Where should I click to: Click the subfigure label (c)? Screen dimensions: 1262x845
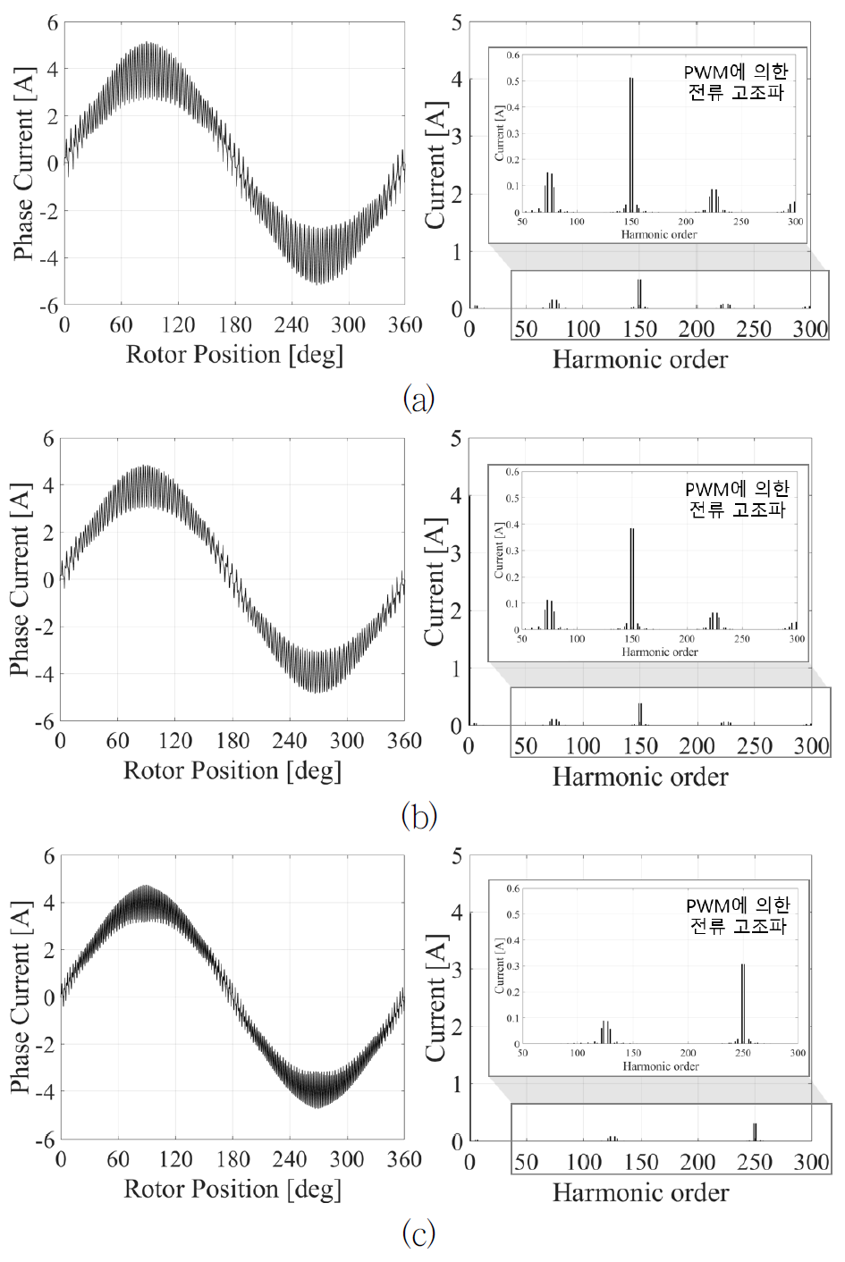click(x=419, y=1233)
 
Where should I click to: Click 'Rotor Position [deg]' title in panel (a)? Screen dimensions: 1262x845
click(x=234, y=355)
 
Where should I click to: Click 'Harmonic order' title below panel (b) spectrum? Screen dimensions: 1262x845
click(x=640, y=777)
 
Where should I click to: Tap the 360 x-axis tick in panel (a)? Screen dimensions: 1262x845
click(x=405, y=324)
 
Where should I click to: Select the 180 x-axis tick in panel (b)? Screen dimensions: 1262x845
click(x=232, y=741)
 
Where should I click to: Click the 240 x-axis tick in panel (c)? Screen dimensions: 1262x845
click(x=290, y=1159)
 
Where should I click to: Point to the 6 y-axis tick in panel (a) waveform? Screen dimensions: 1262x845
click(x=53, y=22)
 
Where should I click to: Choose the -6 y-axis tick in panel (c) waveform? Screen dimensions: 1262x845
click(x=45, y=1140)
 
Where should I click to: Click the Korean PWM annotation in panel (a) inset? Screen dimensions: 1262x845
click(x=736, y=81)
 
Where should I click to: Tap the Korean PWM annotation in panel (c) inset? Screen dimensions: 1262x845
click(x=738, y=916)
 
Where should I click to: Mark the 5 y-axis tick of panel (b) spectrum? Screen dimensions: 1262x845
click(x=456, y=439)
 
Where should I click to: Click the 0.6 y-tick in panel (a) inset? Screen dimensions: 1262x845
click(x=513, y=55)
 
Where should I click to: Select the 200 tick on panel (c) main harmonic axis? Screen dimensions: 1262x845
click(x=697, y=1162)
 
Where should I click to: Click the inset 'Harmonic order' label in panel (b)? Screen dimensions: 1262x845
click(x=660, y=652)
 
